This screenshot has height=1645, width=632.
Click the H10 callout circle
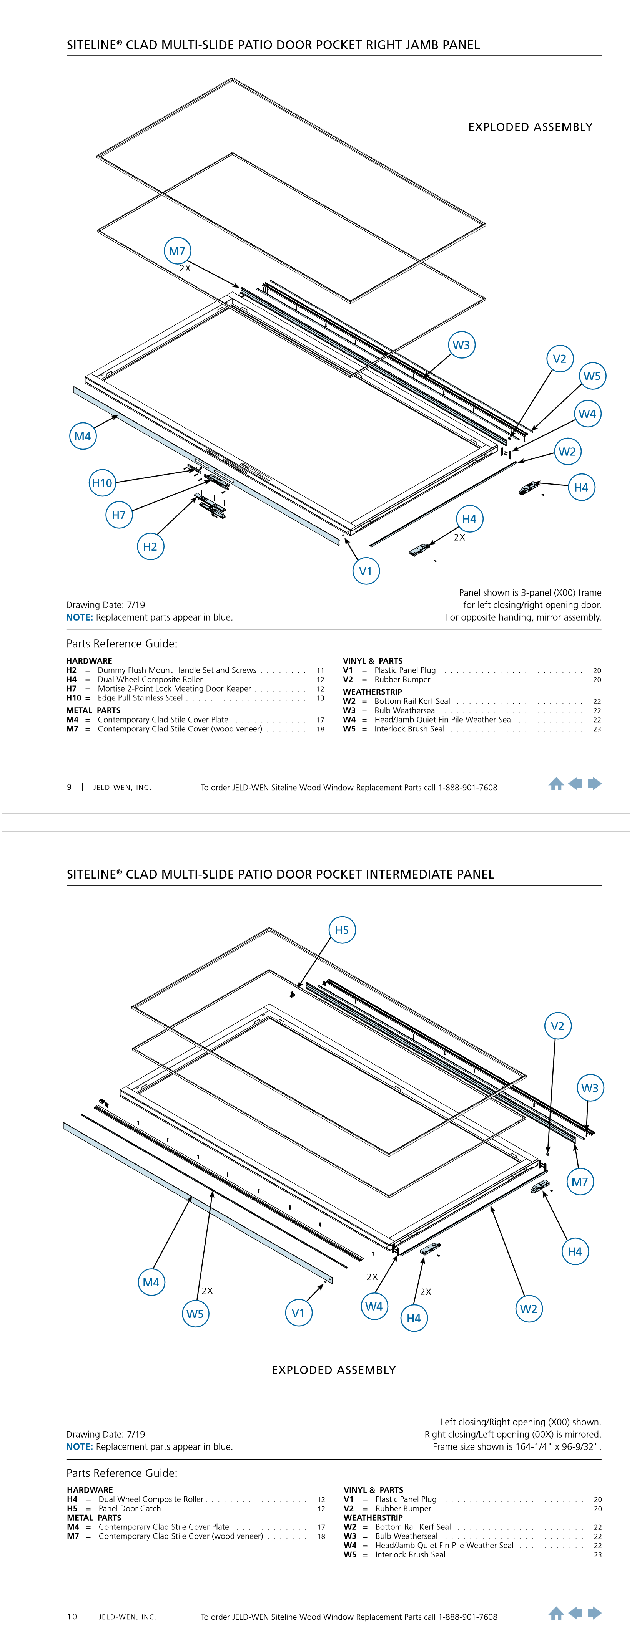coord(102,483)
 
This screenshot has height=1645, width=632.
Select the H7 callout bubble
coord(119,515)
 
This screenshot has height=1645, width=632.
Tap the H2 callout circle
coord(150,547)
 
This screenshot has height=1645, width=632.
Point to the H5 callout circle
coord(342,930)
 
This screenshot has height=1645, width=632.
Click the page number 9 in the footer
coord(69,788)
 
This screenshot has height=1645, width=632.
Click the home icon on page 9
coord(556,784)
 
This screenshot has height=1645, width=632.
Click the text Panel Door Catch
coord(130,1508)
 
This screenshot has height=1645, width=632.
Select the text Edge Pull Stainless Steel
coord(140,698)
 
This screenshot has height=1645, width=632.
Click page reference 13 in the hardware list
coord(320,698)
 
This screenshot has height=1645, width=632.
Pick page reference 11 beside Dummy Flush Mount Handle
coord(320,670)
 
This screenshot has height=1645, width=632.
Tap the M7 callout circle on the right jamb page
coord(177,251)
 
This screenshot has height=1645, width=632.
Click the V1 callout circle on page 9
coord(366,571)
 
